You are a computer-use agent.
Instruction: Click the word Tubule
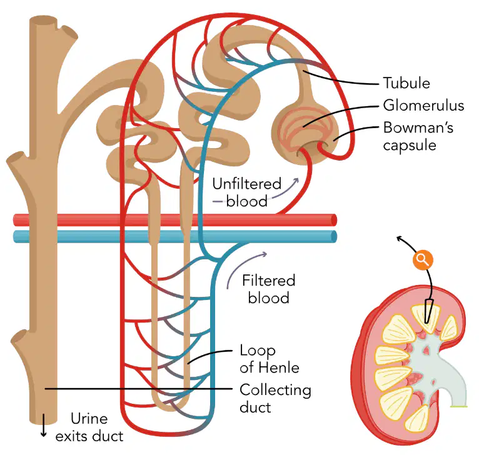[x=406, y=83]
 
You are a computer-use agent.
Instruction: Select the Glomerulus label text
[x=424, y=106]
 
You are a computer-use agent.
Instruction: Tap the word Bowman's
[x=418, y=127]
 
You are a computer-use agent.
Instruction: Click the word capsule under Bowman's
[x=410, y=145]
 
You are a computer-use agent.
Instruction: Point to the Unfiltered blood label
[x=247, y=192]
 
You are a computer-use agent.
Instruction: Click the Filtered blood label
[x=269, y=289]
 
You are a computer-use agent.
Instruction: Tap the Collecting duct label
[x=276, y=399]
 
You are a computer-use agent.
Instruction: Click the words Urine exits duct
[x=89, y=427]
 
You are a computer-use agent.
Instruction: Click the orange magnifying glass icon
[x=423, y=260]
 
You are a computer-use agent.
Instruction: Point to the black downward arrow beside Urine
[x=44, y=425]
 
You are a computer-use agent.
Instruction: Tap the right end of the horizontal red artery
[x=334, y=219]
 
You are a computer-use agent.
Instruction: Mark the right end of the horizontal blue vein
[x=334, y=237]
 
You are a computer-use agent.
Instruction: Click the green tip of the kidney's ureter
[x=459, y=406]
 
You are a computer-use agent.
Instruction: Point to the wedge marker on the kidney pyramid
[x=428, y=311]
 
